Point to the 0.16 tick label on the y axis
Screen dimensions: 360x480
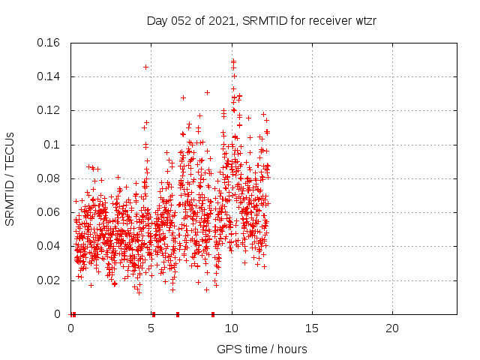[x=49, y=43]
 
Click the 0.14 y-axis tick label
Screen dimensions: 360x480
[x=49, y=76]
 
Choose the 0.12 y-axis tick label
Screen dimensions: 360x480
[x=49, y=110]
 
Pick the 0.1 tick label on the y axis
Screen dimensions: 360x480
[x=52, y=145]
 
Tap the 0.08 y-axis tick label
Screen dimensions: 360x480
[x=49, y=178]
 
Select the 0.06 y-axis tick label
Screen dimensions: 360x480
[x=49, y=212]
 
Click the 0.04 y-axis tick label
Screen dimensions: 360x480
[x=49, y=246]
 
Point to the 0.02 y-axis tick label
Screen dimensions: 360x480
[x=49, y=280]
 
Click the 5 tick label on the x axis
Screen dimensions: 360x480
[x=151, y=328]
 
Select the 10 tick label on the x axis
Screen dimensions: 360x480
[x=232, y=328]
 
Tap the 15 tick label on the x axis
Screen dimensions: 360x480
[x=312, y=328]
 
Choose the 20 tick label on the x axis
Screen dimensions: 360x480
[x=392, y=328]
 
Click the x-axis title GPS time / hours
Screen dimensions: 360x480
[x=262, y=349]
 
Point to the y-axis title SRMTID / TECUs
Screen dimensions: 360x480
[x=10, y=178]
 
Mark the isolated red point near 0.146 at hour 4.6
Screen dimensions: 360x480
[x=145, y=67]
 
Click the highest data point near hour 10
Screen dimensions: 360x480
[x=233, y=61]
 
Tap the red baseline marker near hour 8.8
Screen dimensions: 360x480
[x=213, y=314]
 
